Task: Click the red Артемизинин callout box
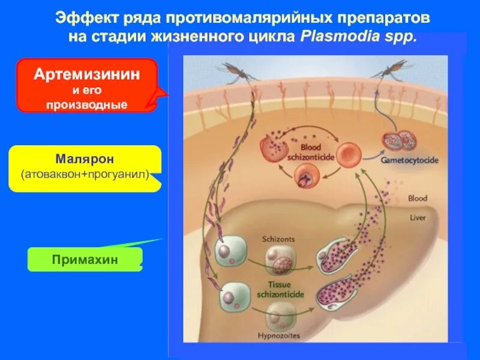tap(87, 85)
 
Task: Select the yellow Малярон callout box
tap(85, 168)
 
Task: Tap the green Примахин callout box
tap(85, 259)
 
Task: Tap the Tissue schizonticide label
tap(280, 289)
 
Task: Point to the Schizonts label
tap(278, 239)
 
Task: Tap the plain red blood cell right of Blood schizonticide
tap(347, 155)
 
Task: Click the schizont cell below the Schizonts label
tap(278, 262)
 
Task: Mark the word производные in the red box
tap(87, 104)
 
